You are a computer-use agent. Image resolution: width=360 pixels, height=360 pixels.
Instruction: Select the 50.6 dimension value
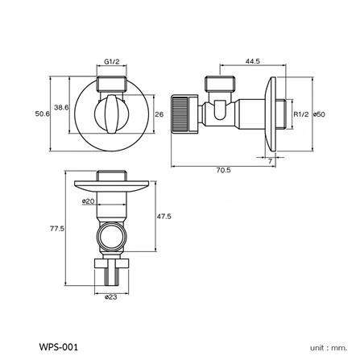43,114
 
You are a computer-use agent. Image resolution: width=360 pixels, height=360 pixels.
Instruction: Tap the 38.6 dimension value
61,107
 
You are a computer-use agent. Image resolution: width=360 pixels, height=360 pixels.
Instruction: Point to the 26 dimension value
159,114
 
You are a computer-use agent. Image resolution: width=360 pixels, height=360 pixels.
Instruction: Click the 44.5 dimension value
251,60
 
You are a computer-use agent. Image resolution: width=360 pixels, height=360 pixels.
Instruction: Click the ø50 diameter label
318,114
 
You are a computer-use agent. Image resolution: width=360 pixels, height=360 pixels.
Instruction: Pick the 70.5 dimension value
223,170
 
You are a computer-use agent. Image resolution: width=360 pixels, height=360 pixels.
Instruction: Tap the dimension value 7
270,161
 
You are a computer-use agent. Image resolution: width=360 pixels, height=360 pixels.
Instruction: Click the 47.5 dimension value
163,216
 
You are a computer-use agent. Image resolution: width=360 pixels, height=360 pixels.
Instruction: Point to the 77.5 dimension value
56,229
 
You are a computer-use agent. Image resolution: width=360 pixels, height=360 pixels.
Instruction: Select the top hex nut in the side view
218,83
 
